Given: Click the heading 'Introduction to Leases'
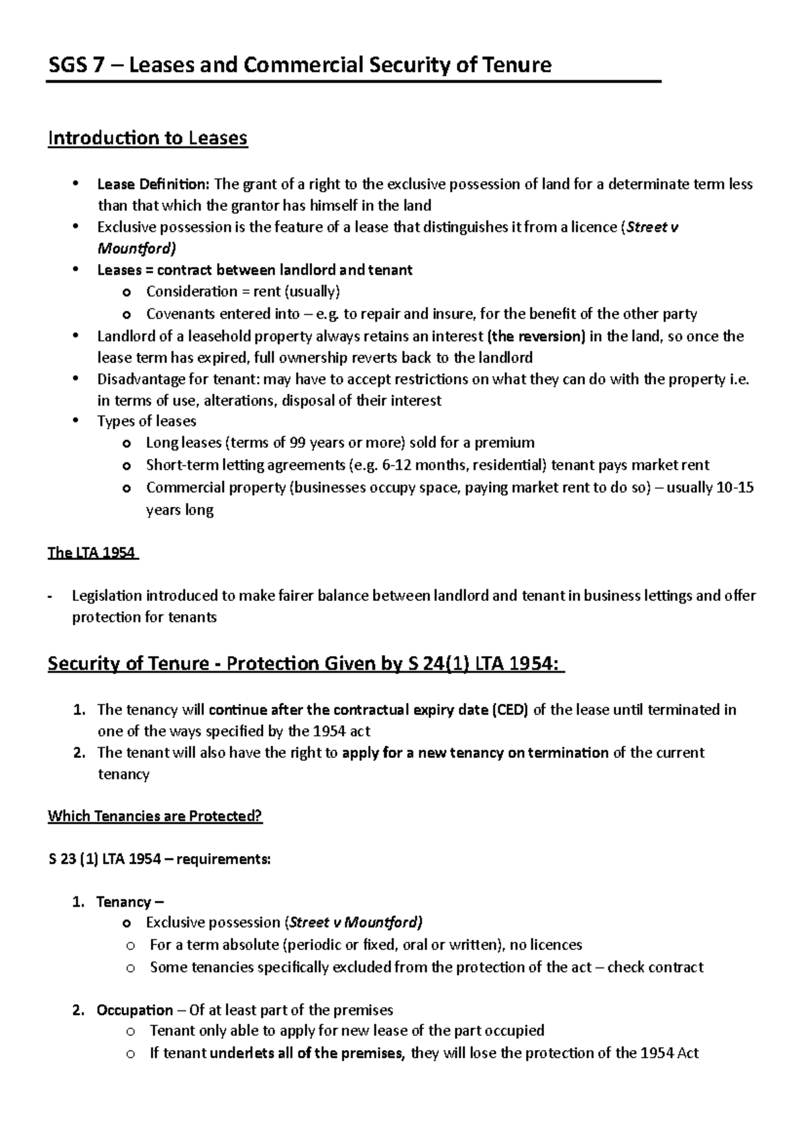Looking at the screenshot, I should (148, 138).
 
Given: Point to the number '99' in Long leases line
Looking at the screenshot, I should (298, 442).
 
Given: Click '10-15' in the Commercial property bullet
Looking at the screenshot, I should (735, 487).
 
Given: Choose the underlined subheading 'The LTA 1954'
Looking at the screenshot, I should (91, 553).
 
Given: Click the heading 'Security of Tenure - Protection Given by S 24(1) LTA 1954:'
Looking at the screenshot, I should (305, 663).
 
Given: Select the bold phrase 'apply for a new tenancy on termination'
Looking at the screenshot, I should (475, 753).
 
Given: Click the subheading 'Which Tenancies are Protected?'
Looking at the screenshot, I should (155, 816).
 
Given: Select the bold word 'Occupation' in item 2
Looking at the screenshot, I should (135, 1010).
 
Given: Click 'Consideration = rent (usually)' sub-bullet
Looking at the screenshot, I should (243, 291).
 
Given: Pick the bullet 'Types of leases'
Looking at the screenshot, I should (146, 421).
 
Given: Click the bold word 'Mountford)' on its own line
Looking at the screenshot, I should (137, 249).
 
